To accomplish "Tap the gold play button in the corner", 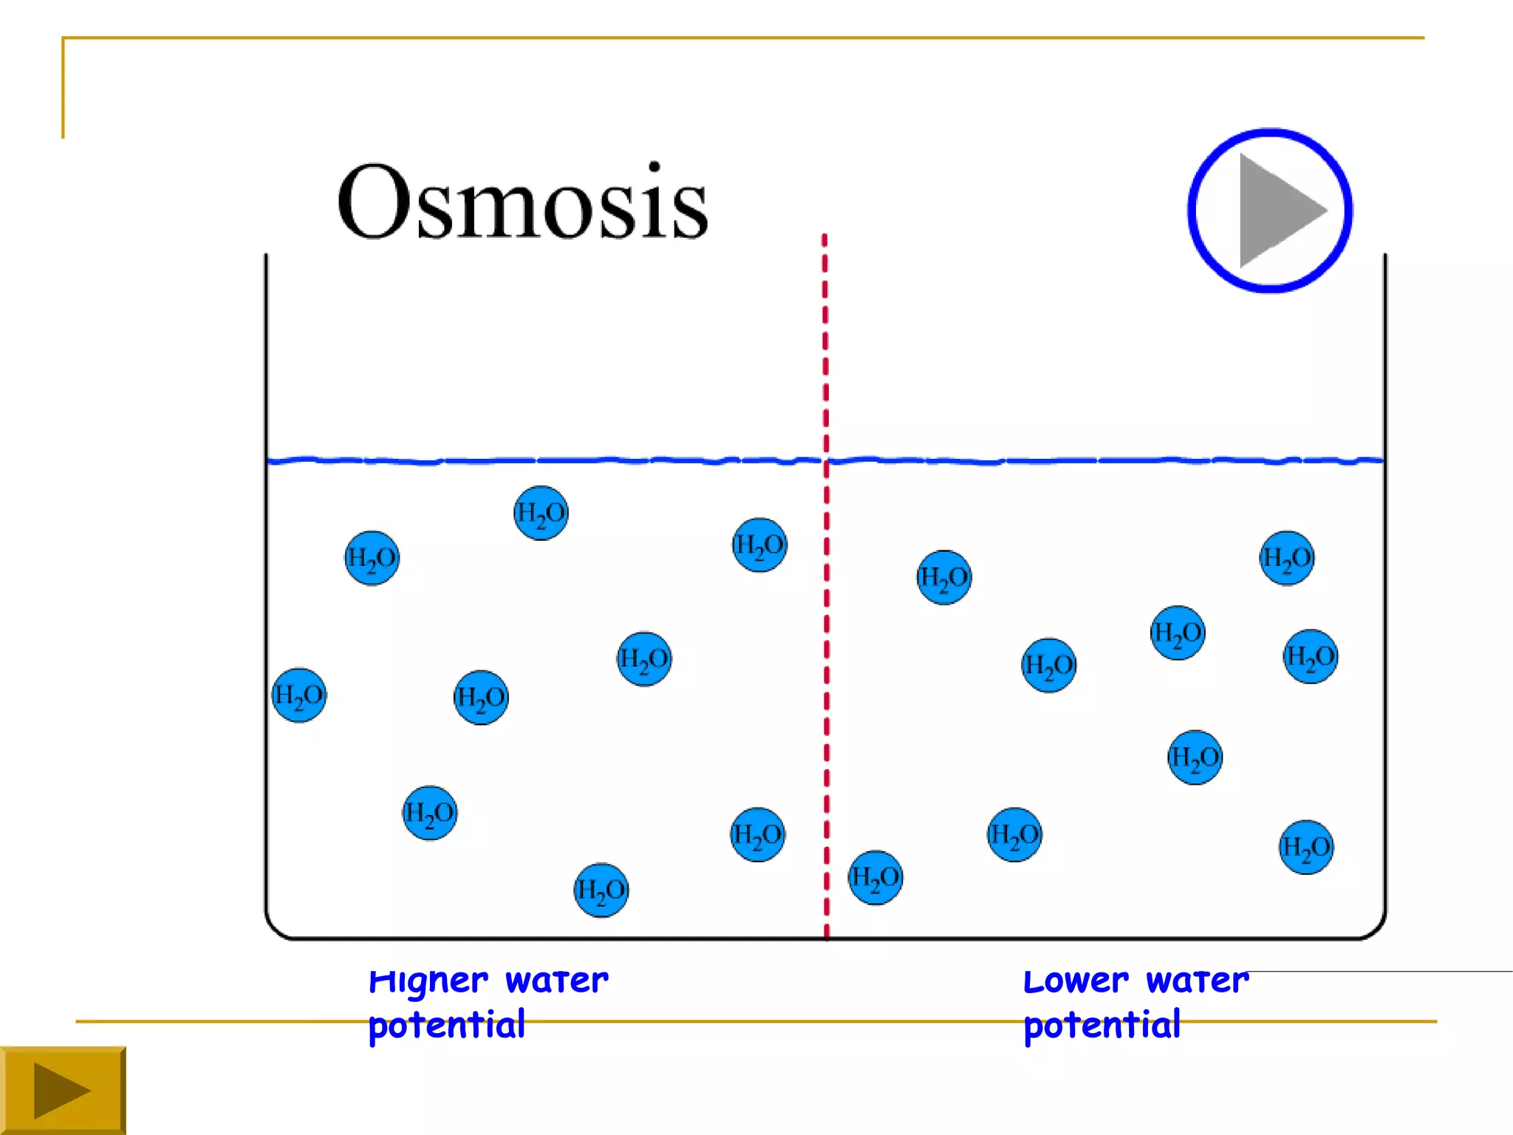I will click(x=62, y=1091).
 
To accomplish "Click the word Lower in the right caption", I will click(x=1076, y=981).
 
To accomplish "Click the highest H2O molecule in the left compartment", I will click(x=541, y=513).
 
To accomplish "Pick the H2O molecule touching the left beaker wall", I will click(x=299, y=695).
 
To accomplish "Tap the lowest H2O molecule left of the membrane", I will click(x=601, y=890).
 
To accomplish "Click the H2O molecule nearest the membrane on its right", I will click(x=875, y=878).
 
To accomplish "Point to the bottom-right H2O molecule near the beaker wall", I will click(x=1306, y=847).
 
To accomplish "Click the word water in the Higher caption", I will click(x=556, y=981).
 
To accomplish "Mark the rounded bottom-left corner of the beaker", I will click(x=276, y=929).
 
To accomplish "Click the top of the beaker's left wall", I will click(x=266, y=259).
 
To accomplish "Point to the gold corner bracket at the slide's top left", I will click(x=64, y=39).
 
